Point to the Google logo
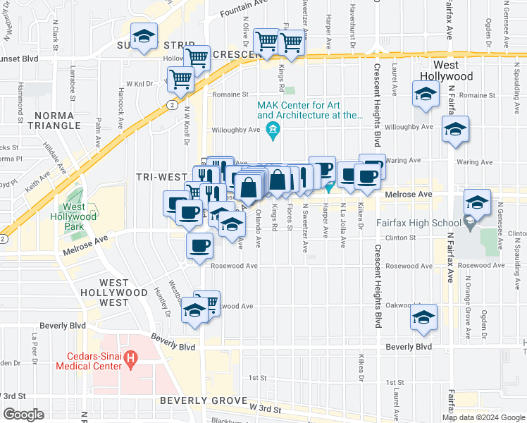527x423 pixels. pos(23,415)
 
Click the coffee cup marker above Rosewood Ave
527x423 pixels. pos(199,245)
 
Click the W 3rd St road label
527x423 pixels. pos(264,408)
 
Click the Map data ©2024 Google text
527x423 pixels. pos(483,417)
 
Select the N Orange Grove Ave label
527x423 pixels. pos(466,300)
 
